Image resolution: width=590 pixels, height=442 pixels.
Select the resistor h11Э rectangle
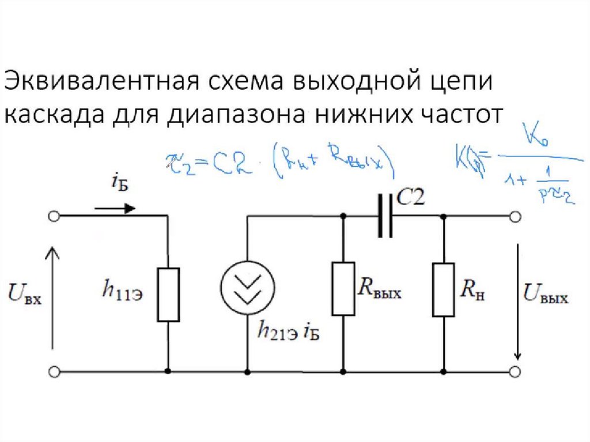168,294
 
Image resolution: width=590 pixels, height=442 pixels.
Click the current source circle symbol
248,287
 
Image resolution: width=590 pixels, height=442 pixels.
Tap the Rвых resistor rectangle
343,288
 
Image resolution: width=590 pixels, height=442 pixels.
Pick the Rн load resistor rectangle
444,289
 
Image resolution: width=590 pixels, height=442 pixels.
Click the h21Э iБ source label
288,332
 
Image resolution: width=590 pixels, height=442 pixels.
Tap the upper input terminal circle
54,217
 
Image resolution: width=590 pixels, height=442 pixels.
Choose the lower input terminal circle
54,372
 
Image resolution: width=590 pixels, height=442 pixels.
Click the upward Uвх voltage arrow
53,297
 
